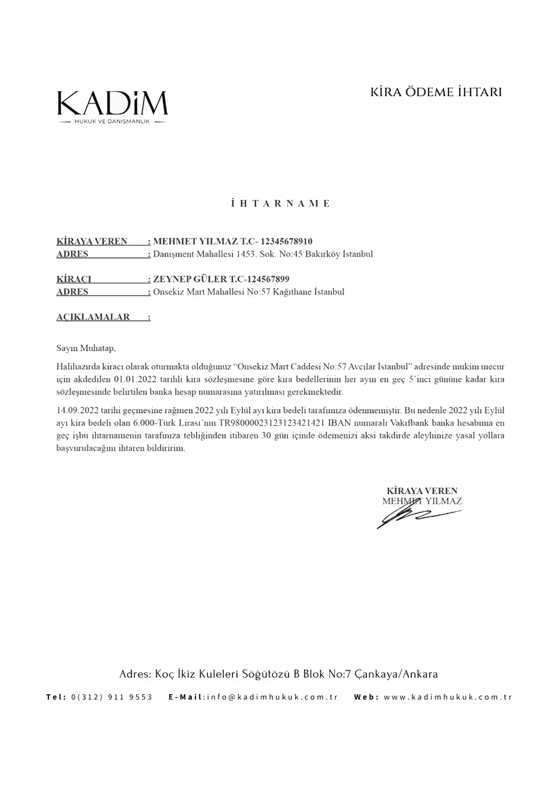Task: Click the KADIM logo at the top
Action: click(x=112, y=106)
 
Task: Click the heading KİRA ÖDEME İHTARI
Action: click(x=436, y=92)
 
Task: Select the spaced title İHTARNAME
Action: click(x=281, y=203)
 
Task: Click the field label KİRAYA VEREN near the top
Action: click(x=92, y=241)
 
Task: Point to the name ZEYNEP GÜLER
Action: click(x=190, y=279)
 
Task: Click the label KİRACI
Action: click(x=74, y=279)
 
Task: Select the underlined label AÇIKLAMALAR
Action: click(x=93, y=317)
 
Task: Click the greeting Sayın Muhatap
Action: click(x=86, y=349)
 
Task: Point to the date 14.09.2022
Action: click(x=77, y=411)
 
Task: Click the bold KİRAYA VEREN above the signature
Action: click(x=422, y=491)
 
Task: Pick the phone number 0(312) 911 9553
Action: click(x=112, y=697)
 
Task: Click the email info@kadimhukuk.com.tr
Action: click(x=272, y=697)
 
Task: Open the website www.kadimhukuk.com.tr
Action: click(x=448, y=697)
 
